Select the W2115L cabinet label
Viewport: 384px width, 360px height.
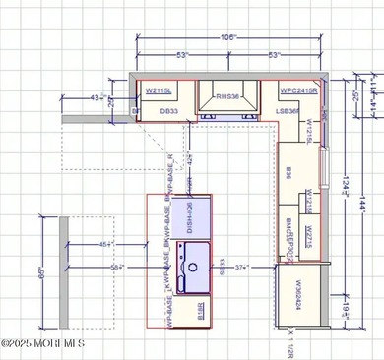pyautogui.click(x=160, y=90)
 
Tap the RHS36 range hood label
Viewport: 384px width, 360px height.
pyautogui.click(x=227, y=97)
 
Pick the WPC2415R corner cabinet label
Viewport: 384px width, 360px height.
pyautogui.click(x=297, y=90)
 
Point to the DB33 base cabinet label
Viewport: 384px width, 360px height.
pyautogui.click(x=168, y=112)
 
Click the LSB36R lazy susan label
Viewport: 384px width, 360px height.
pyautogui.click(x=291, y=112)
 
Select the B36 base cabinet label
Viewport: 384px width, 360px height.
pyautogui.click(x=288, y=173)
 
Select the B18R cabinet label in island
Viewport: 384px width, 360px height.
pyautogui.click(x=201, y=317)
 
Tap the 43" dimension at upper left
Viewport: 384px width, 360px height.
pyautogui.click(x=98, y=97)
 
